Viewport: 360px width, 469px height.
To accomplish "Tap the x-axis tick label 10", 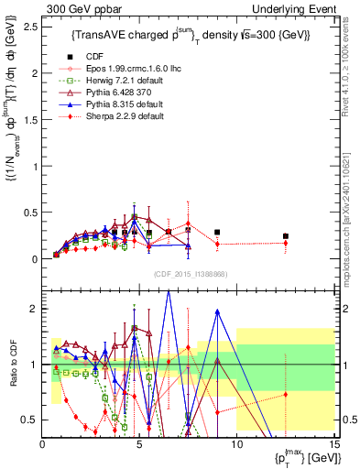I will [236, 445].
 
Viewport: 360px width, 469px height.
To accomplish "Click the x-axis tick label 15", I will [333, 445].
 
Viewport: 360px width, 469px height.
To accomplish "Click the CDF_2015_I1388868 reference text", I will [188, 274].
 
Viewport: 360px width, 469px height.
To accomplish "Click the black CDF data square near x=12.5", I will [285, 236].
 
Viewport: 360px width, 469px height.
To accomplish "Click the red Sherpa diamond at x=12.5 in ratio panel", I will [285, 395].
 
